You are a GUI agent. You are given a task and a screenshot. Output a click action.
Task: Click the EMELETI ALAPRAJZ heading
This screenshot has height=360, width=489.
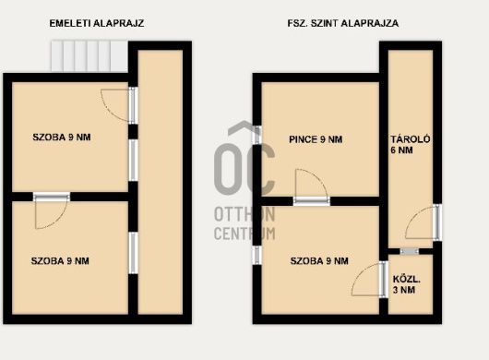[x=97, y=23]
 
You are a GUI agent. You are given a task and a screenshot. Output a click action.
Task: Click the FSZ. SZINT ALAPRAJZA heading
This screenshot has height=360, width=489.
[x=343, y=23]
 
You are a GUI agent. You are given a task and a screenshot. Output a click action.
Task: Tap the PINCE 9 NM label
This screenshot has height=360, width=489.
[x=316, y=139]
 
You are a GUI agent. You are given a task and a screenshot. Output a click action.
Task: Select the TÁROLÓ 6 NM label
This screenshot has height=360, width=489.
[x=410, y=144]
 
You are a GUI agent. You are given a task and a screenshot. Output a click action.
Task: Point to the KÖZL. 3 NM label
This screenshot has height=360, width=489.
[x=406, y=284]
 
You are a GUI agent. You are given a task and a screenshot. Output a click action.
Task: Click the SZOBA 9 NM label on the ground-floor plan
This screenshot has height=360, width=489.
[x=319, y=261]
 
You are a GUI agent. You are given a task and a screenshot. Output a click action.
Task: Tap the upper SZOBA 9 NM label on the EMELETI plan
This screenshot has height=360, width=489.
[x=62, y=138]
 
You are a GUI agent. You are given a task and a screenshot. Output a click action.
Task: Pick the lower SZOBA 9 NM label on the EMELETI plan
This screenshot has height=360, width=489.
[x=60, y=261]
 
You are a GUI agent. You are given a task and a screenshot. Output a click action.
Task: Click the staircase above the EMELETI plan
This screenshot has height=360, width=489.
[x=89, y=56]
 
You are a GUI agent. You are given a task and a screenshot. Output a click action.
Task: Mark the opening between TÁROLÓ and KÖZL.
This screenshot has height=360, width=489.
[x=410, y=251]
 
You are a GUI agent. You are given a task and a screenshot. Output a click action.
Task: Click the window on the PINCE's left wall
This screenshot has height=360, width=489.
[x=257, y=135]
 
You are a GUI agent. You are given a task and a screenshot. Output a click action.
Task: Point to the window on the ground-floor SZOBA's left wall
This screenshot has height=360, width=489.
[x=257, y=255]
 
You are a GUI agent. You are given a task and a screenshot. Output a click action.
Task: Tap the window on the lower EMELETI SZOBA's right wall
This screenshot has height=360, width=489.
[x=133, y=253]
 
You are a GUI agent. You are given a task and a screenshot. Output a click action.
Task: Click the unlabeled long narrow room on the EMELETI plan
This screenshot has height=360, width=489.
[x=161, y=182]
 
